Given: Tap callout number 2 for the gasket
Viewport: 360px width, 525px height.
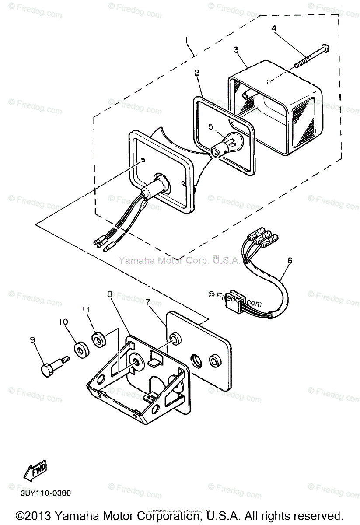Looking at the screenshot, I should (x=197, y=73).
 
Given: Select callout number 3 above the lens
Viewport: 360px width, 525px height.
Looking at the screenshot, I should (x=236, y=50).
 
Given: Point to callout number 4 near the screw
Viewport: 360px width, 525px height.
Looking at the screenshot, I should (x=274, y=29).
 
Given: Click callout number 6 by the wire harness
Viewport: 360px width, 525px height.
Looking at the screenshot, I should (x=289, y=261).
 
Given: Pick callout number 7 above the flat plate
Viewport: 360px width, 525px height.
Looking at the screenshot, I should (x=148, y=302).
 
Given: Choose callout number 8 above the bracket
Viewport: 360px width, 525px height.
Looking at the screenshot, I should (x=109, y=294).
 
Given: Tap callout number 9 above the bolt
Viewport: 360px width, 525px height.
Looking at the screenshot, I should (x=32, y=339).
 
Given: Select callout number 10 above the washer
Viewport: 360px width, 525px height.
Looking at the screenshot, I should (x=64, y=322).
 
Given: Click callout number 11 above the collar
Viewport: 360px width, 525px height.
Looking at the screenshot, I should (x=86, y=309).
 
